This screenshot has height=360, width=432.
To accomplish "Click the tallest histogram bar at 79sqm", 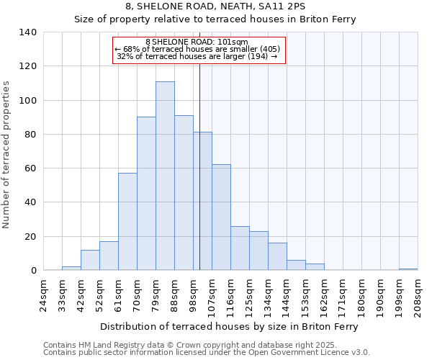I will (165, 176).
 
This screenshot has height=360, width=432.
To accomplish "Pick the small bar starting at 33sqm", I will (71, 269).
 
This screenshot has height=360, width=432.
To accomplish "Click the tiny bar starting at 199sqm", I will (408, 269).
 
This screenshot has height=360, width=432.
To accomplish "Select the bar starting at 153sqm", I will (315, 267).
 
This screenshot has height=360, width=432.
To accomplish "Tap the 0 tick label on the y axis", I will (33, 271).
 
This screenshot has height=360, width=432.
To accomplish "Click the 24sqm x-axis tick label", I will (44, 296).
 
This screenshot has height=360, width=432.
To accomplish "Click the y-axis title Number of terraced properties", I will (7, 155).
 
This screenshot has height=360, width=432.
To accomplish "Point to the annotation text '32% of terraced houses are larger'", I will (197, 56).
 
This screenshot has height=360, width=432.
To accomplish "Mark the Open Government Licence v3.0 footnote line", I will (207, 352).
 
